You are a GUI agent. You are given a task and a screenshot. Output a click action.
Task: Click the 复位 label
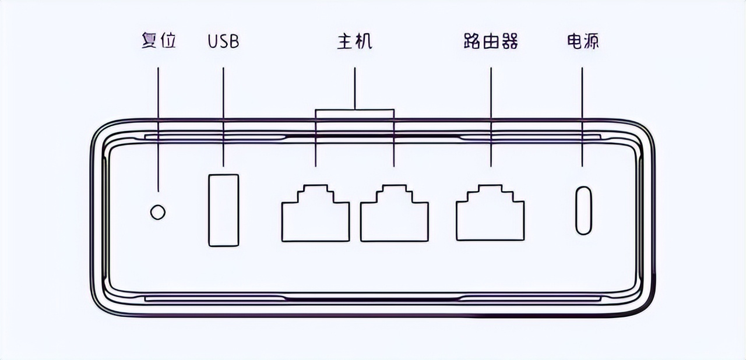(159, 41)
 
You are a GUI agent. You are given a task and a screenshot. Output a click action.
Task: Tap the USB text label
(223, 42)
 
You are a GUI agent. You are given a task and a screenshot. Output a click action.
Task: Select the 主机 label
(354, 41)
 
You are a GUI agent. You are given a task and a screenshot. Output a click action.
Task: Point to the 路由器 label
(491, 41)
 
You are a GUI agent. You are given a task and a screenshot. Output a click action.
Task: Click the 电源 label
(583, 41)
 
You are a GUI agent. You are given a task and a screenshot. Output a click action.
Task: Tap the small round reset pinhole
(157, 212)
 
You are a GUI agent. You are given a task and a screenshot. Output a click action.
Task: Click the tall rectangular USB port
(224, 210)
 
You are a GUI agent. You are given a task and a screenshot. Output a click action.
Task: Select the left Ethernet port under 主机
(315, 214)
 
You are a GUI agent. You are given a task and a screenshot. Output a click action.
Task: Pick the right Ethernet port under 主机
(395, 214)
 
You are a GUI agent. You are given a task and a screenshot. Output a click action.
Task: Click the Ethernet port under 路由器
(490, 214)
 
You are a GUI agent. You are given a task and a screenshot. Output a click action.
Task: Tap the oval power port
(583, 210)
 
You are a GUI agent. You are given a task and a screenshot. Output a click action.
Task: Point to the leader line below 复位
(158, 128)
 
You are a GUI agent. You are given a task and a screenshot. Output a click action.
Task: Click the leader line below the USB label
(224, 117)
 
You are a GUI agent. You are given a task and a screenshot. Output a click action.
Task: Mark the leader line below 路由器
(491, 117)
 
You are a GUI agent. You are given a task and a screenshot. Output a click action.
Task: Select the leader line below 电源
(583, 117)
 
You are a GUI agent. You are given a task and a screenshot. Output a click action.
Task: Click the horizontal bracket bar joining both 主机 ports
(355, 110)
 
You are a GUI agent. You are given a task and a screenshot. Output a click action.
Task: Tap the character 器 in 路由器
(509, 41)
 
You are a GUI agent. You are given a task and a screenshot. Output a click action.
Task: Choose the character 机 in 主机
(363, 41)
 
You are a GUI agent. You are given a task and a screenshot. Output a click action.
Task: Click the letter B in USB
(233, 42)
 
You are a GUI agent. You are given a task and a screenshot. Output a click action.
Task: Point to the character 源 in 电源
(591, 41)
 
